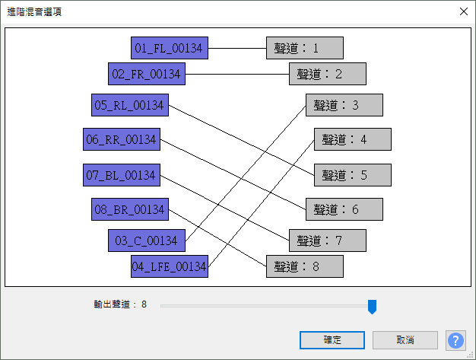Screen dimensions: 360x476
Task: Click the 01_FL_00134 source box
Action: tap(169, 49)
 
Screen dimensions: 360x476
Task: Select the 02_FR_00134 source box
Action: tap(146, 74)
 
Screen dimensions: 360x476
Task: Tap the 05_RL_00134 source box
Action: tap(129, 106)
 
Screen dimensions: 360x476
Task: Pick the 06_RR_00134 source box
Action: tap(121, 139)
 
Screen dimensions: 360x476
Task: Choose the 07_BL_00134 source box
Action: tap(121, 175)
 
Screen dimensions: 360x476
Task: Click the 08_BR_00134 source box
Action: tap(129, 209)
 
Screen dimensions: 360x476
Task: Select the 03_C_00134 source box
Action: tap(146, 241)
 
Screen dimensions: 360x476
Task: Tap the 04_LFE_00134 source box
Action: tap(169, 266)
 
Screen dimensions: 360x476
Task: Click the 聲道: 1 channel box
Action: tap(304, 49)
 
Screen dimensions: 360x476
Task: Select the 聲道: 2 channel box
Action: tap(328, 74)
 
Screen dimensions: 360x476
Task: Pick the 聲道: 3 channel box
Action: tap(344, 105)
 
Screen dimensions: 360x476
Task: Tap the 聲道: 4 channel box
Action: tap(353, 139)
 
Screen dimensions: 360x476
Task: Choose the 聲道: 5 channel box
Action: tap(353, 175)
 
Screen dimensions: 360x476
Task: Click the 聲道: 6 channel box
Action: tap(344, 209)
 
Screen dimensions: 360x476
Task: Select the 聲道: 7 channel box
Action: tap(328, 241)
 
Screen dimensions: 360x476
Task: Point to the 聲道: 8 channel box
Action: tap(304, 266)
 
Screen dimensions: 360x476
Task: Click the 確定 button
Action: tap(332, 339)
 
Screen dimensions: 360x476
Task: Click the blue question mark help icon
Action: tap(455, 339)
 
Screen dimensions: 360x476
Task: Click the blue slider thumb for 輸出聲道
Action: tap(372, 306)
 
